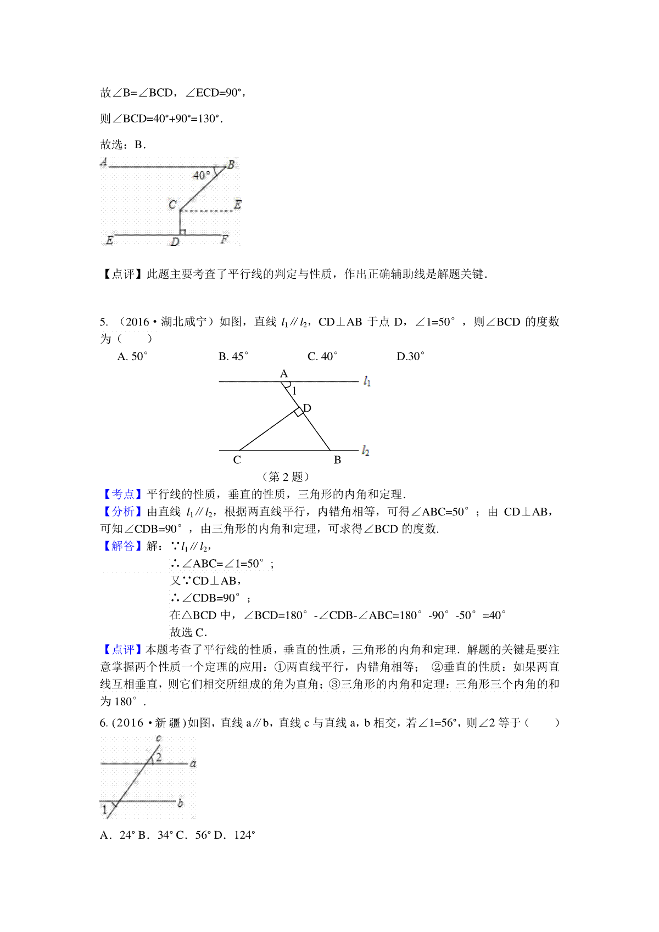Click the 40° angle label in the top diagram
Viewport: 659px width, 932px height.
(x=202, y=175)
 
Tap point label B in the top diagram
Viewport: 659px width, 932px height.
(x=231, y=164)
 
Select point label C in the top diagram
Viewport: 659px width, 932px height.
(x=172, y=205)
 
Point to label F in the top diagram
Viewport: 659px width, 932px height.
(x=224, y=239)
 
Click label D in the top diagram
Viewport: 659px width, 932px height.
(x=175, y=242)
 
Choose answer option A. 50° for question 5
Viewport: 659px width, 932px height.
(x=133, y=356)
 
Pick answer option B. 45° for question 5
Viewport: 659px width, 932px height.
(x=233, y=356)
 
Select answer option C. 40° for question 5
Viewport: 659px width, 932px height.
(x=322, y=356)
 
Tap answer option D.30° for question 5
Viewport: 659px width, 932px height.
(x=410, y=356)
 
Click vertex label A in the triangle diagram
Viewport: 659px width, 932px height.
(x=284, y=374)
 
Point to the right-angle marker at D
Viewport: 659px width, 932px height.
(x=298, y=412)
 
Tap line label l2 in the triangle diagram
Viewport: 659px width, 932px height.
(x=366, y=451)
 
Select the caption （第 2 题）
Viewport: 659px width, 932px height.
(x=286, y=476)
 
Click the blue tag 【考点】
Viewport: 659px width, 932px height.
(x=122, y=494)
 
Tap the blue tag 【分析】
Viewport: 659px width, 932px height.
(x=122, y=512)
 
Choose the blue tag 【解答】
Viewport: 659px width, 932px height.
(x=122, y=546)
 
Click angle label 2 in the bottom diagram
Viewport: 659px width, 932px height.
(x=159, y=757)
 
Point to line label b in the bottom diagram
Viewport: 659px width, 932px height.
(x=180, y=803)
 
